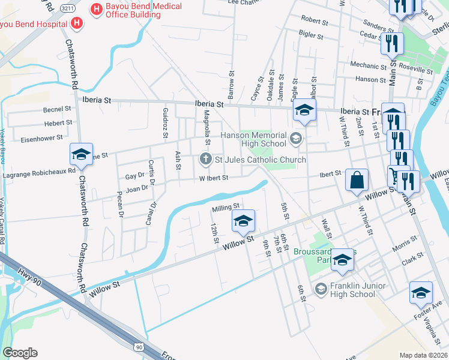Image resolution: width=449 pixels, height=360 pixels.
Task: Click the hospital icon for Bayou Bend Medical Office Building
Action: pos(95,10)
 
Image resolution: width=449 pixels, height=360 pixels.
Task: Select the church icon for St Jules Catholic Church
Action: pos(205,160)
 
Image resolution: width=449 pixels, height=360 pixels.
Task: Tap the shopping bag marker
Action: pos(357,179)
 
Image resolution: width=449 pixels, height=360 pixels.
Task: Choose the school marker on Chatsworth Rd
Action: pos(81,154)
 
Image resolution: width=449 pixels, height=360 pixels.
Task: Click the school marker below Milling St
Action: pos(243,221)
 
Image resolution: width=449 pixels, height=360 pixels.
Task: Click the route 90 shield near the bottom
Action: pos(139,347)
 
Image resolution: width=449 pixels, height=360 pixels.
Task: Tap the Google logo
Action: pos(20,352)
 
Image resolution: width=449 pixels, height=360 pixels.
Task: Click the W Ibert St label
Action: pos(214,178)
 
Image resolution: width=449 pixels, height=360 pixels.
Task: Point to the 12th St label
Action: pos(214,233)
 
